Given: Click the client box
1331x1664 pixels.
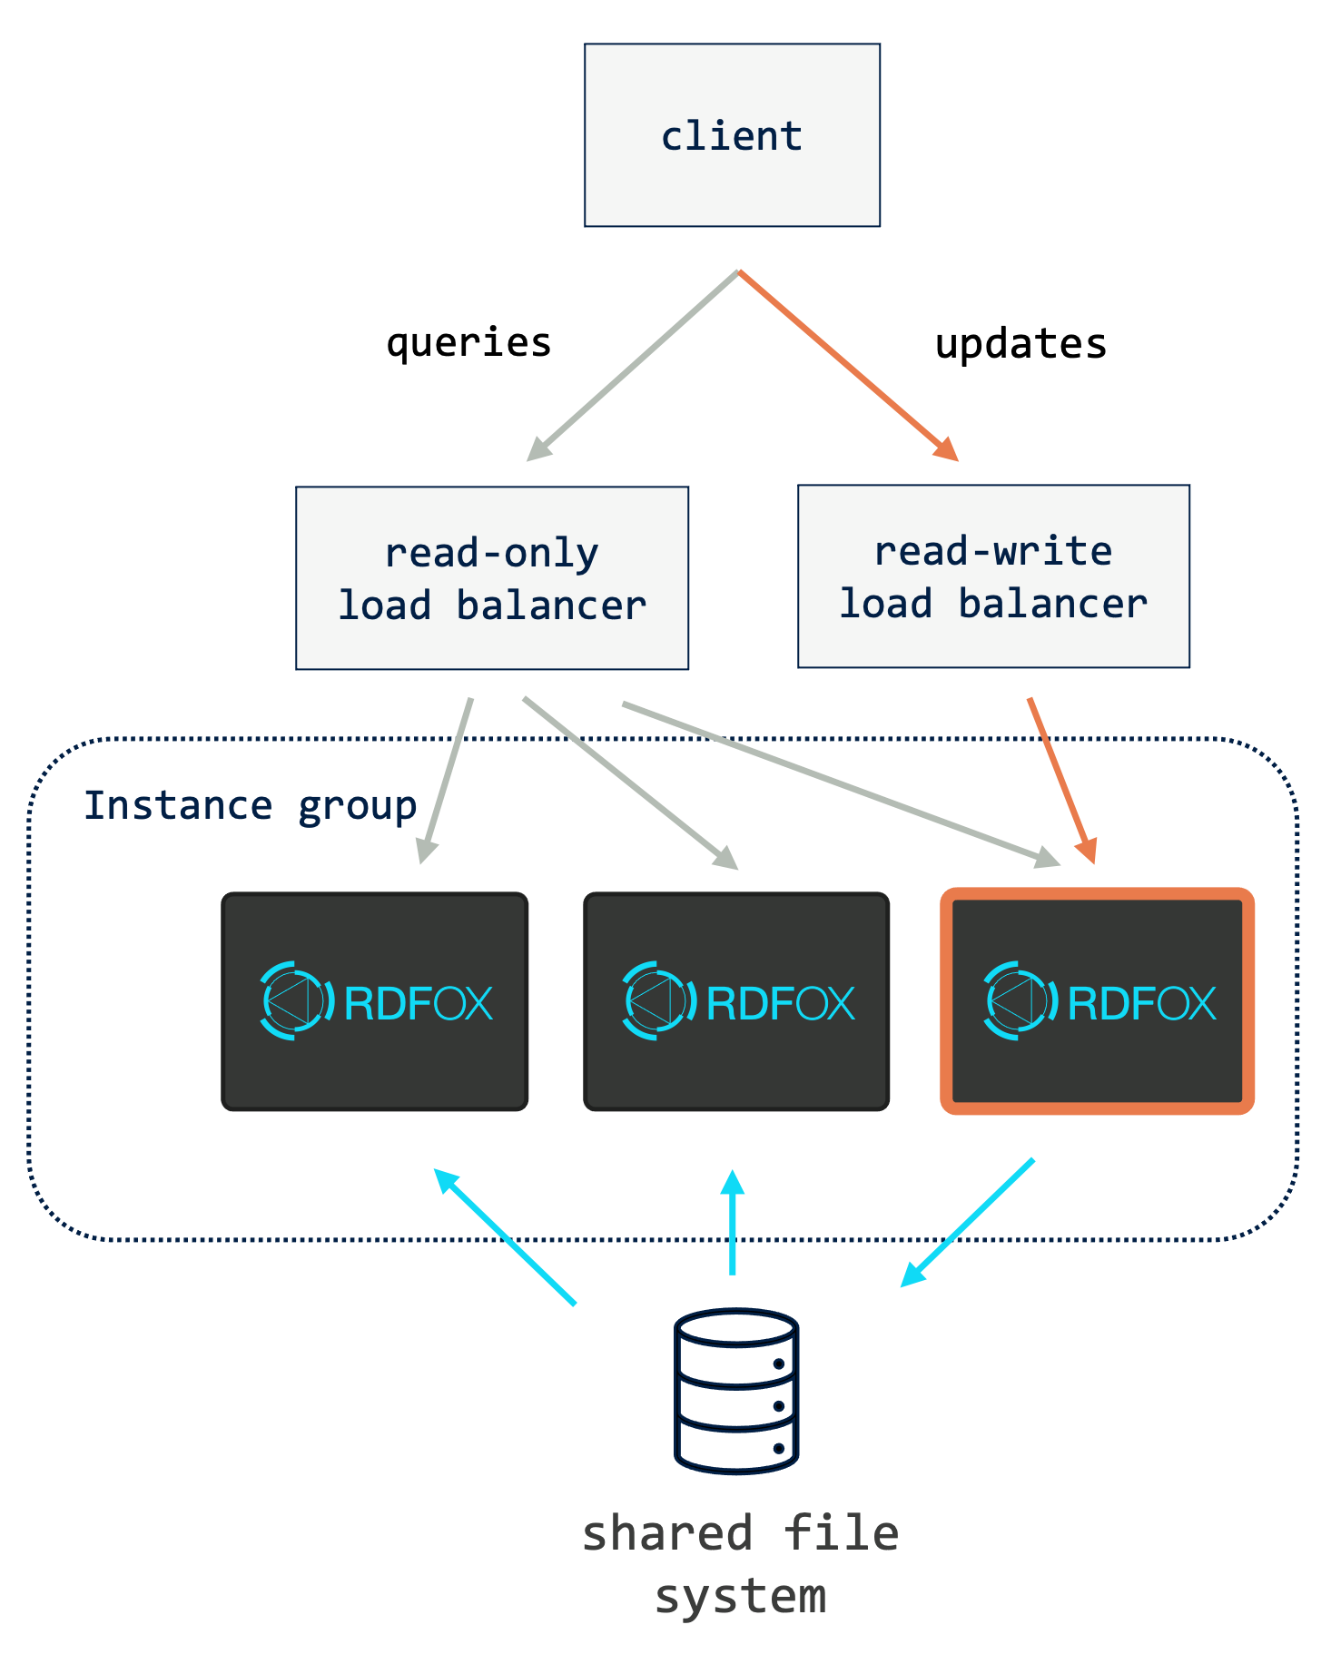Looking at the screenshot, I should click(732, 135).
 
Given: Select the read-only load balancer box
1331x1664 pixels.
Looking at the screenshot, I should click(492, 578).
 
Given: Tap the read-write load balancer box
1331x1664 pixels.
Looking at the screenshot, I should click(993, 576).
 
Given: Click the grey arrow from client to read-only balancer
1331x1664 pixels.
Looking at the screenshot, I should click(632, 365).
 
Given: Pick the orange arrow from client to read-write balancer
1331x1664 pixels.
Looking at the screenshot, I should click(848, 365).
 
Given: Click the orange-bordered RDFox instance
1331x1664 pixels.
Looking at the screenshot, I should click(1098, 1001).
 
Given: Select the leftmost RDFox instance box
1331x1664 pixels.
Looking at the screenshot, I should click(375, 1001).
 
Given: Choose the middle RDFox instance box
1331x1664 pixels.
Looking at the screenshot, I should click(736, 1001).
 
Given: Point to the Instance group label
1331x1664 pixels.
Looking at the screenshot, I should click(250, 806).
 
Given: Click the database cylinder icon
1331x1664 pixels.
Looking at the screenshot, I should click(736, 1390).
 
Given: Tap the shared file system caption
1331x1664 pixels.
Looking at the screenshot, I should click(740, 1563).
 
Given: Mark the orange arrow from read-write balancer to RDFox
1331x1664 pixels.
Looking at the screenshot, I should click(1061, 780).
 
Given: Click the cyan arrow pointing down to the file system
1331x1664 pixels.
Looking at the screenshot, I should click(968, 1222).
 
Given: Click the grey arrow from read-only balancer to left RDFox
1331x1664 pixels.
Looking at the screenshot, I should click(446, 780).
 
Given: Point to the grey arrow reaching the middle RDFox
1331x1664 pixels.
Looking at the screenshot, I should click(630, 783).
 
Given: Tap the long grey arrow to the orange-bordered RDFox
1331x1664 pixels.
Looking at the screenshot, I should click(840, 783).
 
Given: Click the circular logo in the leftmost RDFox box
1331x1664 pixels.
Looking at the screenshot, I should click(293, 1000).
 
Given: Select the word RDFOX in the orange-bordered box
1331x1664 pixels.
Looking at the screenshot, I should click(1142, 1003).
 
